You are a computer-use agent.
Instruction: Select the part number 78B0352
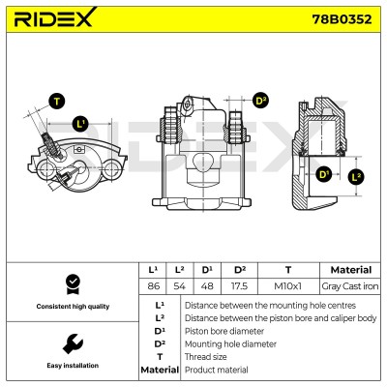click(x=342, y=19)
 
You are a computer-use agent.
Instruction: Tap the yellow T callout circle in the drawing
click(x=57, y=102)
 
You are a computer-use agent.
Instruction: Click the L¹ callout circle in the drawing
click(x=80, y=124)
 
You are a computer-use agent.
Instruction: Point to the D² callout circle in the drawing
click(x=260, y=101)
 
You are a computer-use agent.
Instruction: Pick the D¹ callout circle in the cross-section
click(x=323, y=174)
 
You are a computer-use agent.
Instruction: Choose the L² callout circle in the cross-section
click(x=356, y=176)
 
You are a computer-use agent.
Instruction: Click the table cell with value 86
click(x=153, y=286)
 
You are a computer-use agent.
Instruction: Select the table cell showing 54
click(x=180, y=286)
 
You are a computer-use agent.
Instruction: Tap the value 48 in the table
click(x=207, y=286)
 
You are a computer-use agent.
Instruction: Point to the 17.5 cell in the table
click(x=239, y=286)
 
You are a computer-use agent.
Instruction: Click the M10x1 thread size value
click(x=288, y=286)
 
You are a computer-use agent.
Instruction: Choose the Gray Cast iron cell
click(x=350, y=286)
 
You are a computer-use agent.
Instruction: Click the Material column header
click(x=351, y=270)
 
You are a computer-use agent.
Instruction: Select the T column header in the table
click(x=288, y=270)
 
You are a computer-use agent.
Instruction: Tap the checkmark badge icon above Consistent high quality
click(x=73, y=284)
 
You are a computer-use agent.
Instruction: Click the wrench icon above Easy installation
click(x=73, y=343)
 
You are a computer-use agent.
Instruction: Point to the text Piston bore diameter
click(x=224, y=331)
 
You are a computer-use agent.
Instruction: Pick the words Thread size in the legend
click(x=206, y=357)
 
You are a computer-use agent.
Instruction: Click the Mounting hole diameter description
click(x=230, y=344)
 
